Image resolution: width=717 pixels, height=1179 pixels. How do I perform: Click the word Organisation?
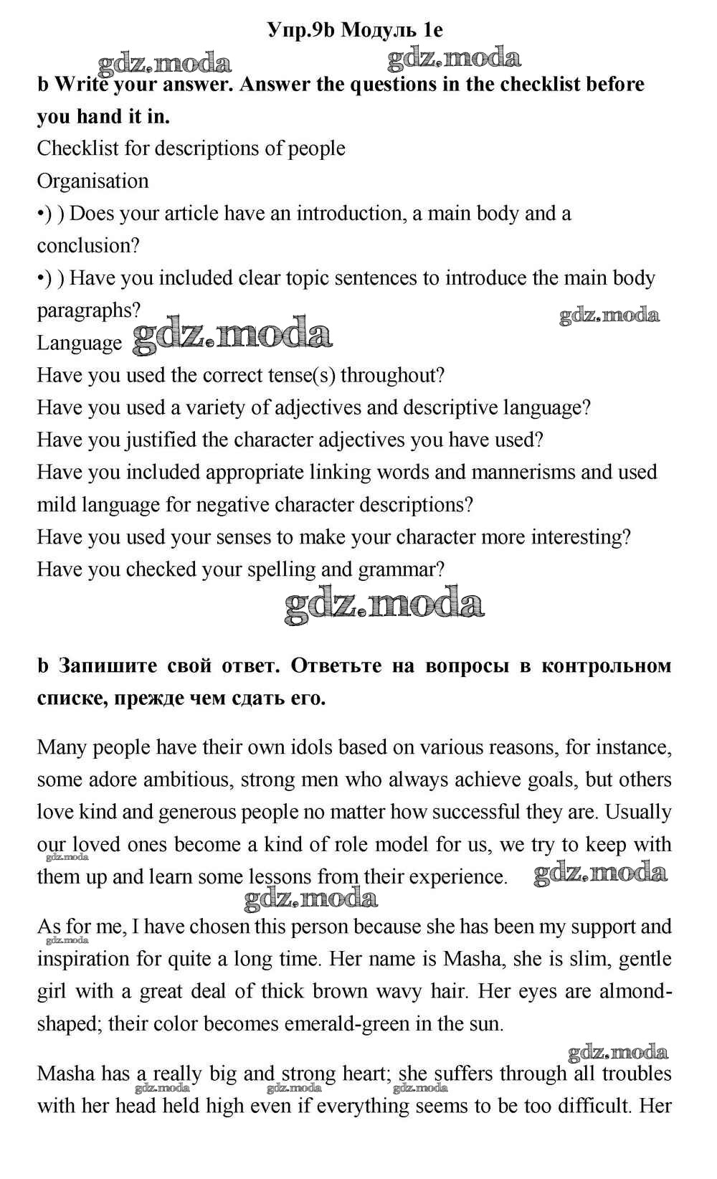coord(92,181)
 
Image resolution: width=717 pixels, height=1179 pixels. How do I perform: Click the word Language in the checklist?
coord(80,343)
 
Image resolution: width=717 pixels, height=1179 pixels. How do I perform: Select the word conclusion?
coord(88,245)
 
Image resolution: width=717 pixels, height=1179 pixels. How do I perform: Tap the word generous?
coord(198,812)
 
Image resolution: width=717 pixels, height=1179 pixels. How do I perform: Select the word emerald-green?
coord(346,1023)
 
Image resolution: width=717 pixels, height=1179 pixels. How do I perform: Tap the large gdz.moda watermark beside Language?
coord(233,336)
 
